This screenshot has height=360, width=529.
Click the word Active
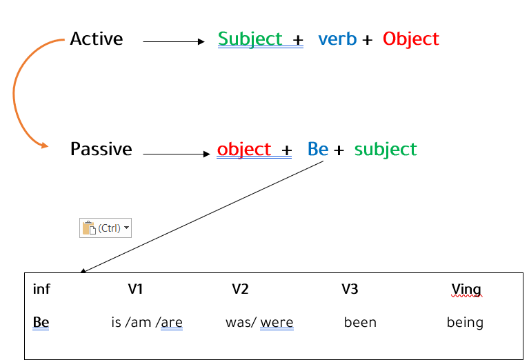tap(97, 39)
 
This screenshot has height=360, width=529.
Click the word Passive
tap(101, 149)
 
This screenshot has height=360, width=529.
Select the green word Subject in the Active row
tap(250, 39)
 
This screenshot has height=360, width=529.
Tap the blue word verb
tap(337, 39)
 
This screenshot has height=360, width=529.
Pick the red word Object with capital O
tap(411, 39)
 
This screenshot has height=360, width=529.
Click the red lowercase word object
tap(244, 150)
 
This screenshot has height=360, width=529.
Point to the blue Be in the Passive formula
tap(318, 149)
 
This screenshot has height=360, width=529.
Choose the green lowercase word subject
tap(386, 150)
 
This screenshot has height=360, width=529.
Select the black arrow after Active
tap(174, 41)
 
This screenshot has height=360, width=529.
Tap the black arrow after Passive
tap(177, 154)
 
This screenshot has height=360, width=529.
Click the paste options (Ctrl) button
tap(106, 228)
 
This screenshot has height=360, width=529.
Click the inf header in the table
tap(41, 289)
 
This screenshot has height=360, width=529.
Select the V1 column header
tap(135, 289)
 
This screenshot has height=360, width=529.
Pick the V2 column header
tap(240, 289)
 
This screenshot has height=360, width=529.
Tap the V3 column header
tap(350, 289)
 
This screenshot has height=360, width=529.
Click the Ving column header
tap(467, 290)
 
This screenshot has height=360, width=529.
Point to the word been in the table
tap(360, 323)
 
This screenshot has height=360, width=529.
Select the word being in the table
tap(466, 323)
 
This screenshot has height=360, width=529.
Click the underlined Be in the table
tap(41, 322)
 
